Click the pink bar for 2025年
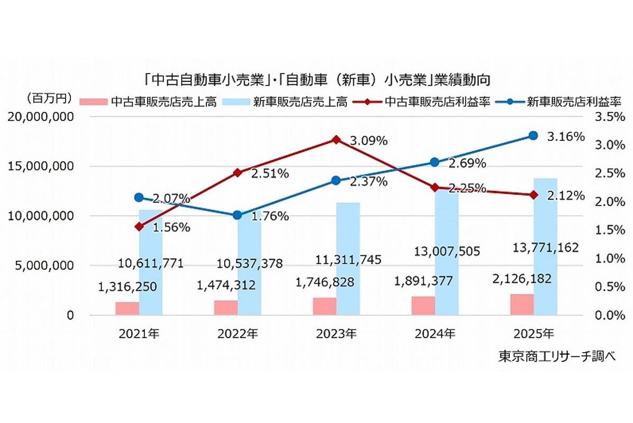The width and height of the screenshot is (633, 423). [522, 305]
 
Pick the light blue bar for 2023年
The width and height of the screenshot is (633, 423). [348, 259]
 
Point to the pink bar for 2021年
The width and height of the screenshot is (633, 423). [127, 308]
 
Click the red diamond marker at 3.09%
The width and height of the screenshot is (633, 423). [336, 140]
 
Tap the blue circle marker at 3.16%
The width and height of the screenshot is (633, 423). [534, 136]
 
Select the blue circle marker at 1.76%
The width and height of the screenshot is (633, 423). [237, 215]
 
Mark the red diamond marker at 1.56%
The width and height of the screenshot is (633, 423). [139, 226]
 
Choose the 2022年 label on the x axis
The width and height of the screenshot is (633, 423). [237, 334]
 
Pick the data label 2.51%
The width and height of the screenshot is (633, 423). [270, 173]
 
